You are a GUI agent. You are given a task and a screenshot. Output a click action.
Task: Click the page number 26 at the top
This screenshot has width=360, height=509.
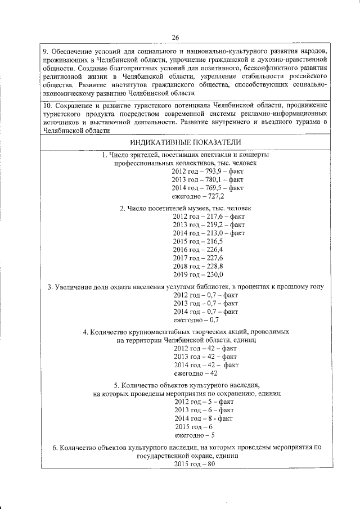(175, 37)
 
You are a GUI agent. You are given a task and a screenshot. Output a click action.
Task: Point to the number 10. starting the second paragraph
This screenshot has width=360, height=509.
(48, 105)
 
